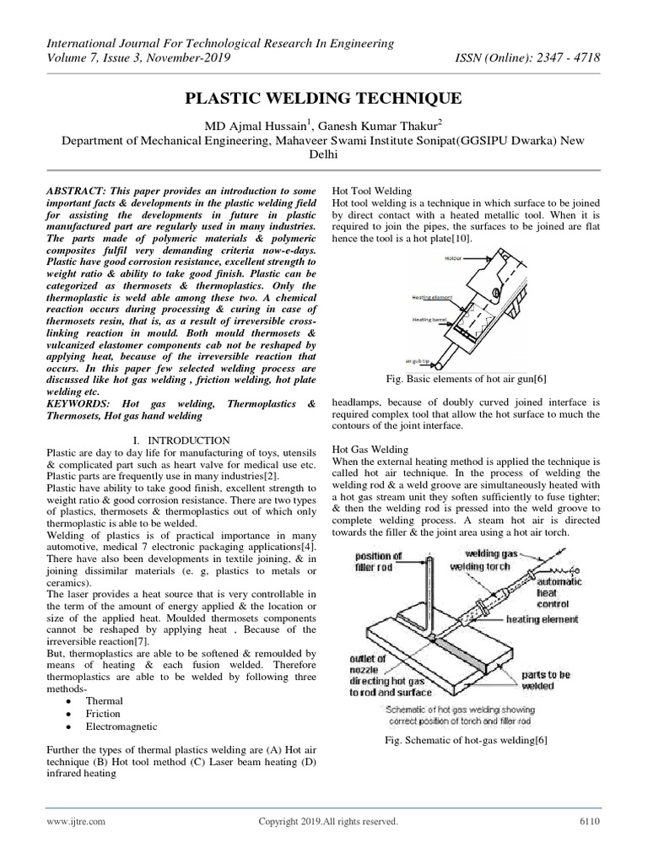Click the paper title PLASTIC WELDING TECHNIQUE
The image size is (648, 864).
point(324,99)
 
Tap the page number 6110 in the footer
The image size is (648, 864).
point(588,821)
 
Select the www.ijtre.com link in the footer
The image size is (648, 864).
point(76,821)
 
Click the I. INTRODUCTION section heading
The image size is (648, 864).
point(182,440)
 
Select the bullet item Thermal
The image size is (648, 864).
point(104,701)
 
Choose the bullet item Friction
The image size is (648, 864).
point(104,714)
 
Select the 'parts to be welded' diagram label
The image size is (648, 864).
point(548,680)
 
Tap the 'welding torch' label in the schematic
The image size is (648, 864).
point(478,566)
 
